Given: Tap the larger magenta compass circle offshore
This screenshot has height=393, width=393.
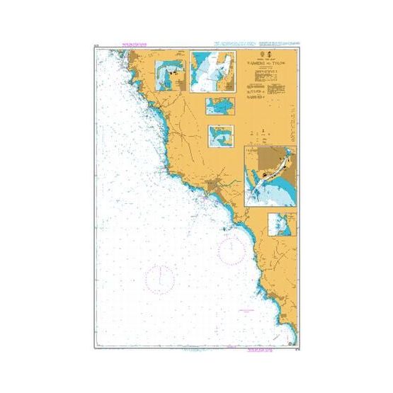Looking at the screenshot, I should [x=161, y=276].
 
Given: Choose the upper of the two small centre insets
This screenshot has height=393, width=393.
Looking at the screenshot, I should [x=220, y=106].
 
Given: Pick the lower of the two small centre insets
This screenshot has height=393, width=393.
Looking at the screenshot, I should [x=221, y=135].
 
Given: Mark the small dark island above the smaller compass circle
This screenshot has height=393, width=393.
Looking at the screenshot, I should [x=225, y=229].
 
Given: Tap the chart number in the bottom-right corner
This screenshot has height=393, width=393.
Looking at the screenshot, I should [x=293, y=346].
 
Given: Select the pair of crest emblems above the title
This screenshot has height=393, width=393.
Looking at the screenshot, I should [x=261, y=54].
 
